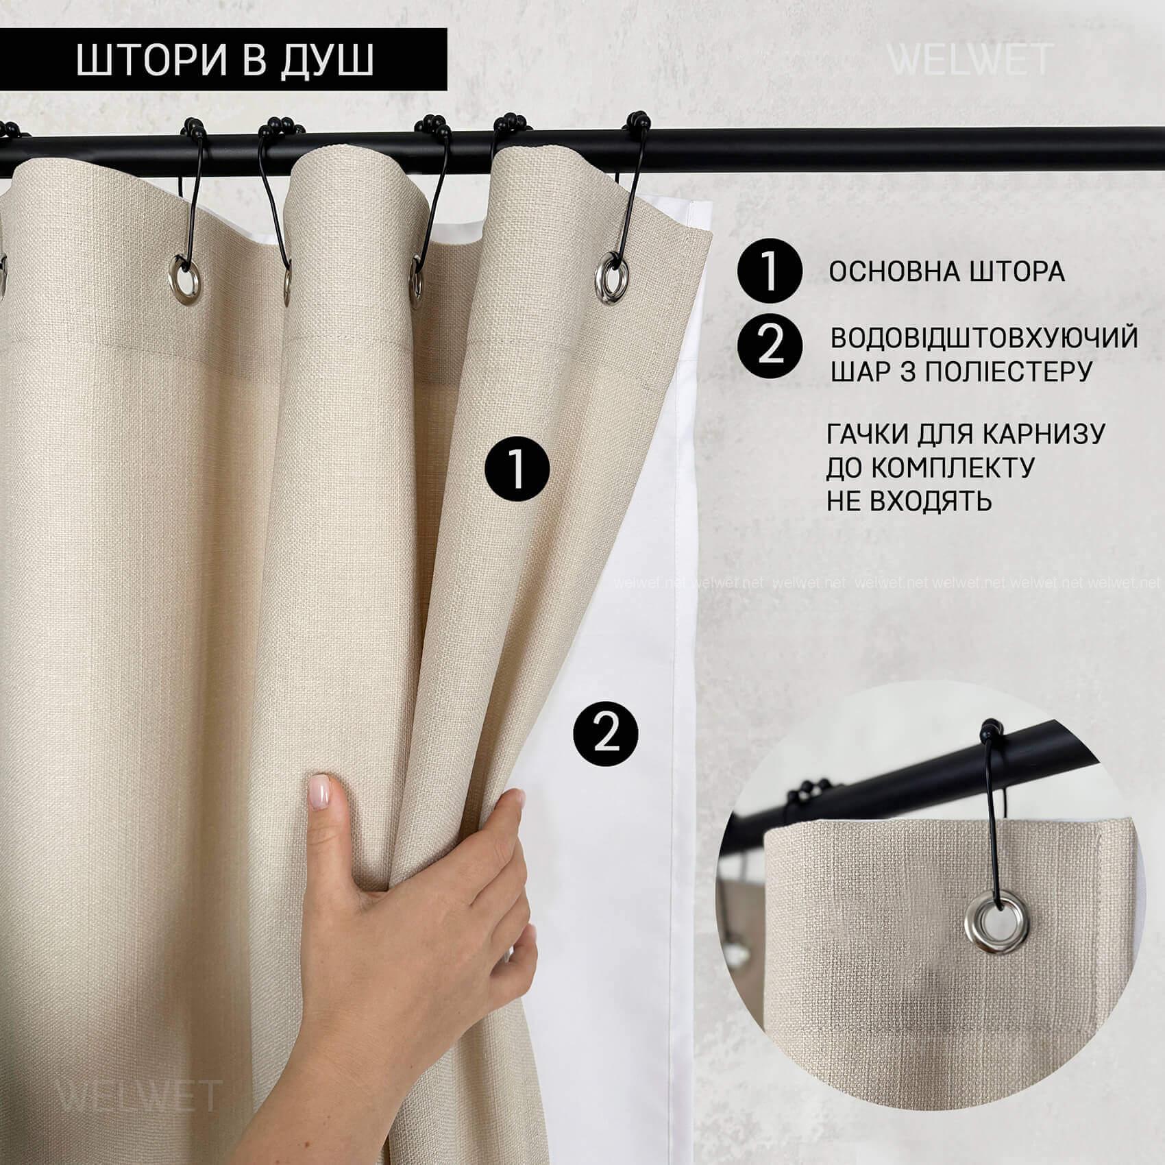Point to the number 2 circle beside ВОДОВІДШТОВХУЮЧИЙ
pyautogui.click(x=770, y=345)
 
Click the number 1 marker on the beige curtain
pyautogui.click(x=517, y=468)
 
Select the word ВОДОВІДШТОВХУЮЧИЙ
pyautogui.click(x=985, y=338)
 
